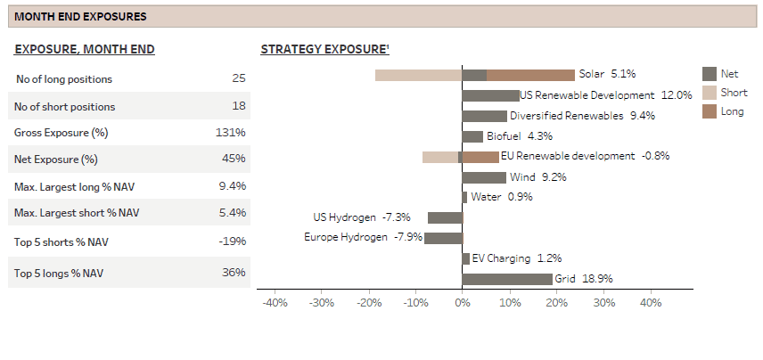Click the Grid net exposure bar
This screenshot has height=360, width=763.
507,279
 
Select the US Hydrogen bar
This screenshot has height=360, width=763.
445,217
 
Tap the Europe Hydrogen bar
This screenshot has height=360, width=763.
443,238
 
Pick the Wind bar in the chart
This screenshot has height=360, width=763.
484,177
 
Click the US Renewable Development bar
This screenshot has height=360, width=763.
490,95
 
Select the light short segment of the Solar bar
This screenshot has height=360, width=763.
418,75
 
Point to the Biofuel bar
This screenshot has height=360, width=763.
472,136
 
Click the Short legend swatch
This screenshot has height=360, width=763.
710,93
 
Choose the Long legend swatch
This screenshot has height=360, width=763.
710,111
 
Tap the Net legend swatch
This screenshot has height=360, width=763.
710,74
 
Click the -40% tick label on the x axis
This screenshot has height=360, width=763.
275,303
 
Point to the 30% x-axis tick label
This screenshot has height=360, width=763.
603,303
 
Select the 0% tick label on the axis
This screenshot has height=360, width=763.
462,303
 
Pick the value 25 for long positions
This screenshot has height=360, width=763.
238,78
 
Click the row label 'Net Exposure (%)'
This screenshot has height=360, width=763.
56,160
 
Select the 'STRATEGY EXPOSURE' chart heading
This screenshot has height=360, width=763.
324,50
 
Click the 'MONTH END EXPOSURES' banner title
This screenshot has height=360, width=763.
81,17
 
